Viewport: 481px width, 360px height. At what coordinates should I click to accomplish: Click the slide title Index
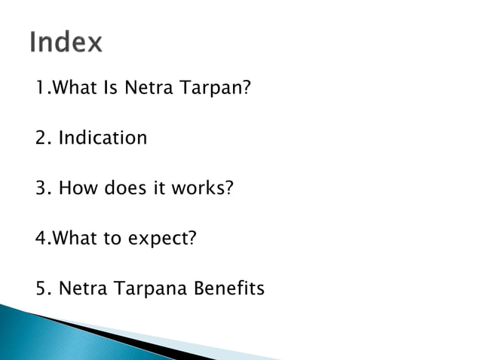(x=66, y=42)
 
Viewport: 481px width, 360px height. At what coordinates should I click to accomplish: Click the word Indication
(x=103, y=139)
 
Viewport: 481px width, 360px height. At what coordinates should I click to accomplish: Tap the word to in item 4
(x=113, y=239)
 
